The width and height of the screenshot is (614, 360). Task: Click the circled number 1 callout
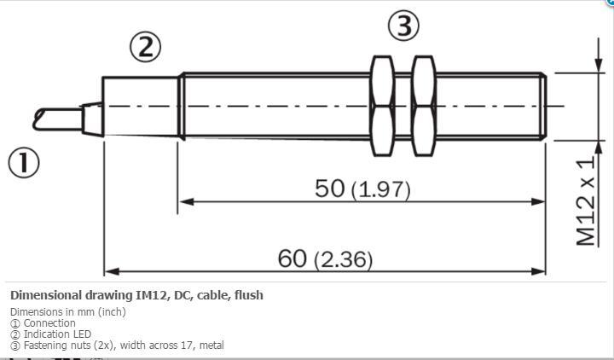24,162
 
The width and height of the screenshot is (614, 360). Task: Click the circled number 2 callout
145,47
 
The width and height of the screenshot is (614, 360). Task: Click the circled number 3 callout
403,26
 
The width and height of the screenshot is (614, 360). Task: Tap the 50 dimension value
330,189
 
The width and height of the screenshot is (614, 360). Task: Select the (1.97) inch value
380,190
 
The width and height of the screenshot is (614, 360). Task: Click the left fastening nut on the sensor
382,106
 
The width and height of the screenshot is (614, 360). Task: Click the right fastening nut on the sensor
423,106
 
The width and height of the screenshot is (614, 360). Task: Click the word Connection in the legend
49,323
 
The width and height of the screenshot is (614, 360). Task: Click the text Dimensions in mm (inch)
67,312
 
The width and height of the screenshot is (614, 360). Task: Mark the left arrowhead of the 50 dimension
182,201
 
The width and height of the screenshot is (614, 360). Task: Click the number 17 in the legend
184,345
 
